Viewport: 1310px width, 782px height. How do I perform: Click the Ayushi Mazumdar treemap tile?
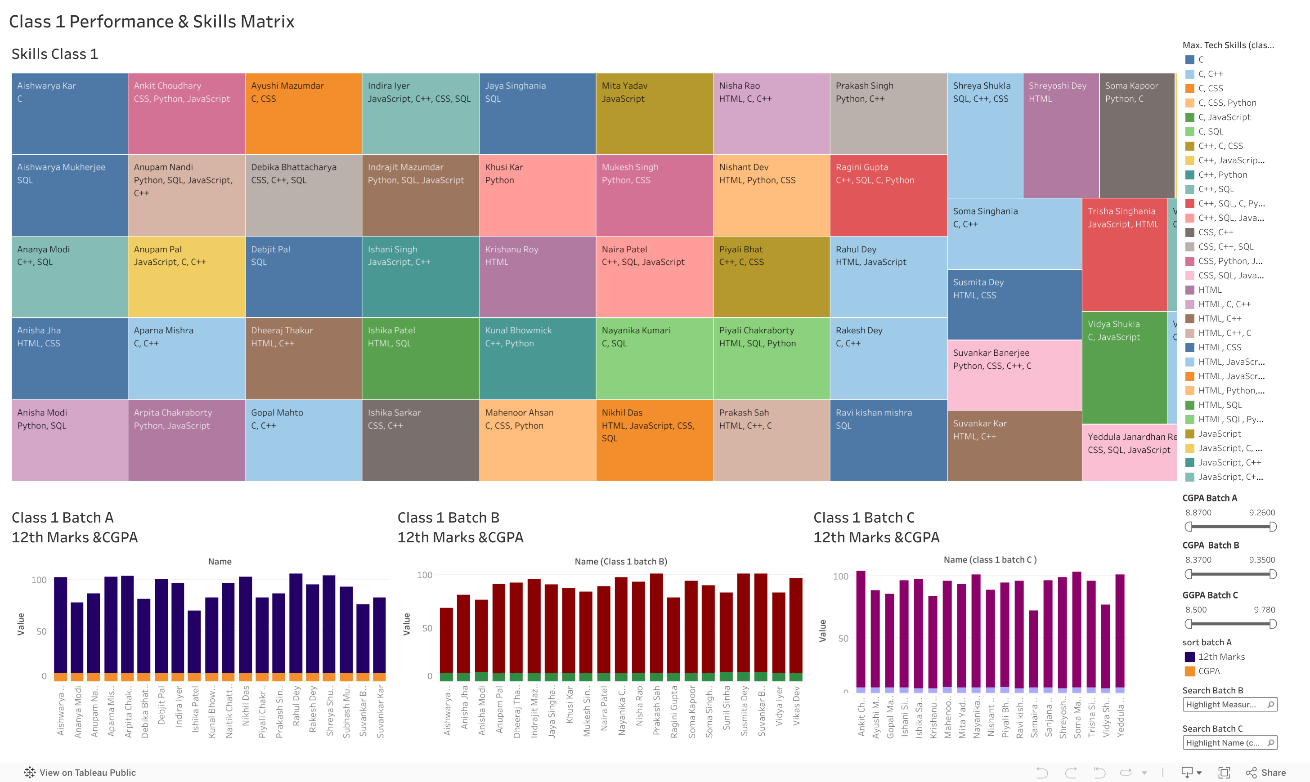(x=303, y=113)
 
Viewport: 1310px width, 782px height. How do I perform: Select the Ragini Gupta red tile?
(x=888, y=195)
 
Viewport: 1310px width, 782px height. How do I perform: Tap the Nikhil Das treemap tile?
(x=654, y=440)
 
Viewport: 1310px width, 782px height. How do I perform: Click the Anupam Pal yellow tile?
(x=186, y=277)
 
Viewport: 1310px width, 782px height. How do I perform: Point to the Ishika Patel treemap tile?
(x=420, y=358)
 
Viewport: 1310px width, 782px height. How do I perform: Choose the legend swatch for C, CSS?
(x=1190, y=89)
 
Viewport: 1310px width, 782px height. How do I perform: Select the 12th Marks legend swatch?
(x=1190, y=657)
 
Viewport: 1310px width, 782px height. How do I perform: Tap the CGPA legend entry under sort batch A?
(x=1208, y=671)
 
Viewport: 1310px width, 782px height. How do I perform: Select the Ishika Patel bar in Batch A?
(x=194, y=643)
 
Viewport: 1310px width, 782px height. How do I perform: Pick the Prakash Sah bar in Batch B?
(x=656, y=625)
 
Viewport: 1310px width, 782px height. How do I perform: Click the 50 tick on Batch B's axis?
(x=427, y=628)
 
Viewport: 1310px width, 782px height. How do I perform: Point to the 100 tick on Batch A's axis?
(x=39, y=580)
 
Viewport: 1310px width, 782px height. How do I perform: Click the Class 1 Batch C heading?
(x=863, y=518)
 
